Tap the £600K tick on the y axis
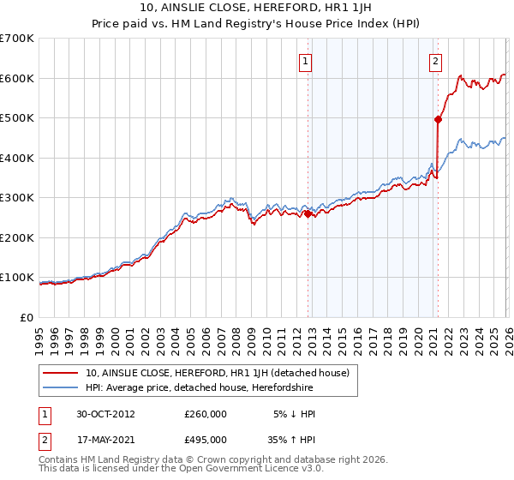click(16, 78)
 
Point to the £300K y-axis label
click(16, 197)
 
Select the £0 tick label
click(26, 317)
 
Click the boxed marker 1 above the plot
click(306, 61)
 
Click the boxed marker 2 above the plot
click(435, 61)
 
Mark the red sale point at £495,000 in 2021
click(438, 120)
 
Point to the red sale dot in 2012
click(308, 214)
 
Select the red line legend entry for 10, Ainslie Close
click(206, 373)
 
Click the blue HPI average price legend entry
click(199, 388)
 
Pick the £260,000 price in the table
click(206, 413)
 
